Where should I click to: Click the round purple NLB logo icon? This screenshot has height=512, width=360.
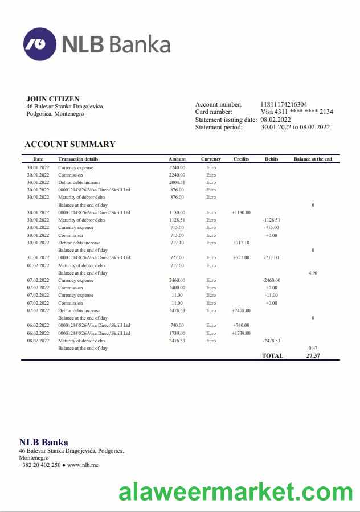39,44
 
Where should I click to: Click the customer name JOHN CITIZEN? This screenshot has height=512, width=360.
53,99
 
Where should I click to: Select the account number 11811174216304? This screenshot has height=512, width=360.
284,104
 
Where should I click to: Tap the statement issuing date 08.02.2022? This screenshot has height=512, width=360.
276,120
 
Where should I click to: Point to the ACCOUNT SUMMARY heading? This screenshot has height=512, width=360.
70,144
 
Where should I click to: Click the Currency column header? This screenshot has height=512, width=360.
211,159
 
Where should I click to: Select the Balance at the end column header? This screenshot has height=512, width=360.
313,159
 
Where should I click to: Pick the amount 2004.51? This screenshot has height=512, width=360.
177,182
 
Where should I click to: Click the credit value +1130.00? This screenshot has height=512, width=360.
241,212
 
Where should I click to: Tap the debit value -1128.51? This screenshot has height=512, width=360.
271,220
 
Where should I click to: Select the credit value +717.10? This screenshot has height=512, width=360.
241,243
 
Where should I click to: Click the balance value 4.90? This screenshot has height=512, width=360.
313,273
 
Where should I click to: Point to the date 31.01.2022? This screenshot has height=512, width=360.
38,257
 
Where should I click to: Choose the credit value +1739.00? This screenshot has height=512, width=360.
241,333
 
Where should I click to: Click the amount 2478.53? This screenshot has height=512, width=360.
177,310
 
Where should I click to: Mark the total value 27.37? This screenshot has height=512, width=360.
313,355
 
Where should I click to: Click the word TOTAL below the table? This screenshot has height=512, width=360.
272,355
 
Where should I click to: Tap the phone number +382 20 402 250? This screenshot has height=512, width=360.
39,465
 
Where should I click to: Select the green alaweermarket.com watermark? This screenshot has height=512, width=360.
236,491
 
